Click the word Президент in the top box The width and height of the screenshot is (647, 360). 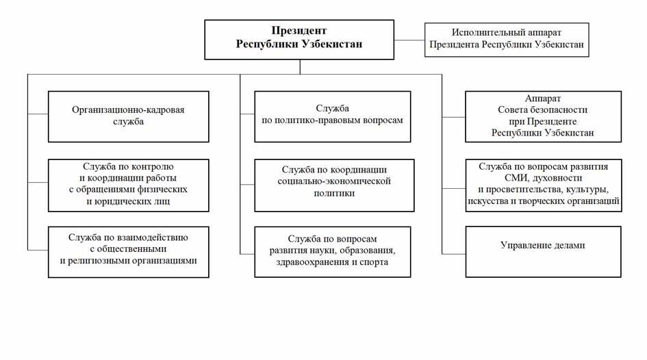299,31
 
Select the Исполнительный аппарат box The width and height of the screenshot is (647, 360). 507,40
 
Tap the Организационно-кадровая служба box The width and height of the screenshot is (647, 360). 128,117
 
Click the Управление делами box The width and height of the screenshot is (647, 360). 543,252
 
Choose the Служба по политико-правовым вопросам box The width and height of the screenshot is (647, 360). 333,117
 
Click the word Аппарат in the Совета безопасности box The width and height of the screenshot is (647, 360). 543,99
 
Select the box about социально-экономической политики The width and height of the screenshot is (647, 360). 334,185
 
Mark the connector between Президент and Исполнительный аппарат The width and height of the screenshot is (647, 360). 409,40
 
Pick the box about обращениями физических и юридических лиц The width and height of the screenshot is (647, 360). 128,185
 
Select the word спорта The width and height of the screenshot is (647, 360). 373,262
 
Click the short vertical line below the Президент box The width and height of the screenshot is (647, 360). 300,67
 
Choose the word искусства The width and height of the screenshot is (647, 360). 490,201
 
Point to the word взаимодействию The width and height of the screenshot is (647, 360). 152,237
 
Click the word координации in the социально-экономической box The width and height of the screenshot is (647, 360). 360,170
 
